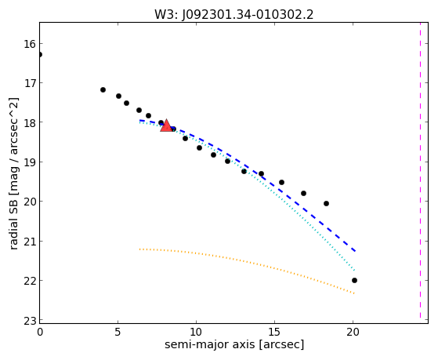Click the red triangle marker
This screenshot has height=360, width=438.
(166, 125)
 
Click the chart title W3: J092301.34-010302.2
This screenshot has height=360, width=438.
(234, 14)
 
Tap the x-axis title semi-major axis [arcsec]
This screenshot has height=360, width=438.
(234, 344)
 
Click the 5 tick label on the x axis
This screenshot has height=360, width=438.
(118, 332)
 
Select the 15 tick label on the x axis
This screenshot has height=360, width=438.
(274, 332)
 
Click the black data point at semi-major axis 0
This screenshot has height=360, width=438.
(40, 54)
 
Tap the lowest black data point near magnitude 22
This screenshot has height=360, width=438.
(354, 280)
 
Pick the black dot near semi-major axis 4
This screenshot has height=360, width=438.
(103, 89)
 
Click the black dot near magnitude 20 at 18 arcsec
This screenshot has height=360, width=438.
(326, 203)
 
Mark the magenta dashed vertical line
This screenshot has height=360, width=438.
(421, 171)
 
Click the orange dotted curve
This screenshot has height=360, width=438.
(246, 262)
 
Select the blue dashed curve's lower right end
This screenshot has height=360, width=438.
(355, 251)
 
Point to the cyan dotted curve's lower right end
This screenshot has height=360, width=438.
(354, 271)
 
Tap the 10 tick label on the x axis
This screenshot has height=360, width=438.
(197, 332)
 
